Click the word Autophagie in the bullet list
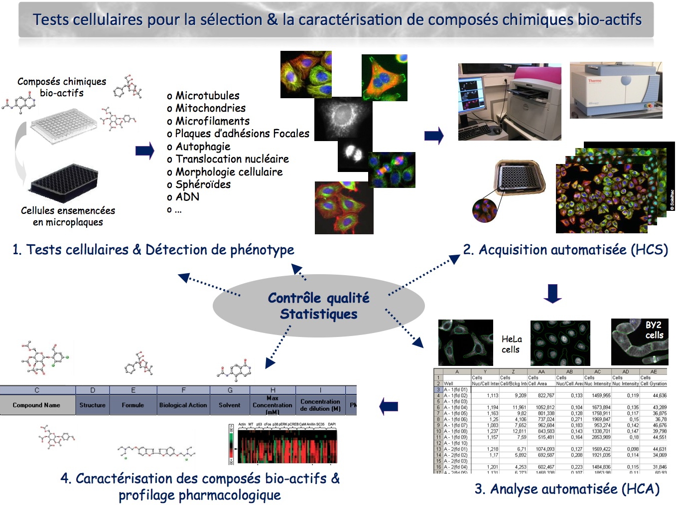point(203,147)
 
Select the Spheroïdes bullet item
point(203,184)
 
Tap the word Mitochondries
point(210,108)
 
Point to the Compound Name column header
point(36,405)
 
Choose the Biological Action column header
point(183,405)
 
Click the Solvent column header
point(229,405)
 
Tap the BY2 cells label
point(654,330)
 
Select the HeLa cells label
point(511,344)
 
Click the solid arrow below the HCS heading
point(552,294)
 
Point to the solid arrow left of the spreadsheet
point(389,407)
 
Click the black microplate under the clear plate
point(64,183)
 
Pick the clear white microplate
point(63,125)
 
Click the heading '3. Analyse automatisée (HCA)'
point(567,489)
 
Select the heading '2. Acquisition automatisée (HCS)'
point(565,250)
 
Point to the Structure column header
point(92,405)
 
